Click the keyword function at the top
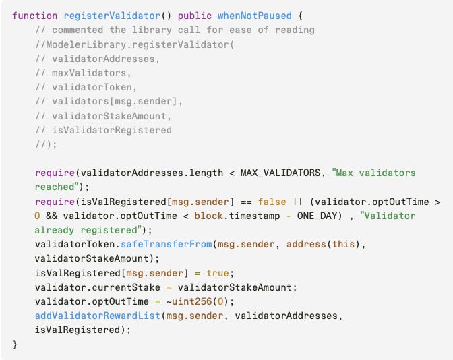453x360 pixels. (x=35, y=15)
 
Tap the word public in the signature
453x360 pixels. (x=195, y=15)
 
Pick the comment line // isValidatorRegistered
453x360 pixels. (x=103, y=129)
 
